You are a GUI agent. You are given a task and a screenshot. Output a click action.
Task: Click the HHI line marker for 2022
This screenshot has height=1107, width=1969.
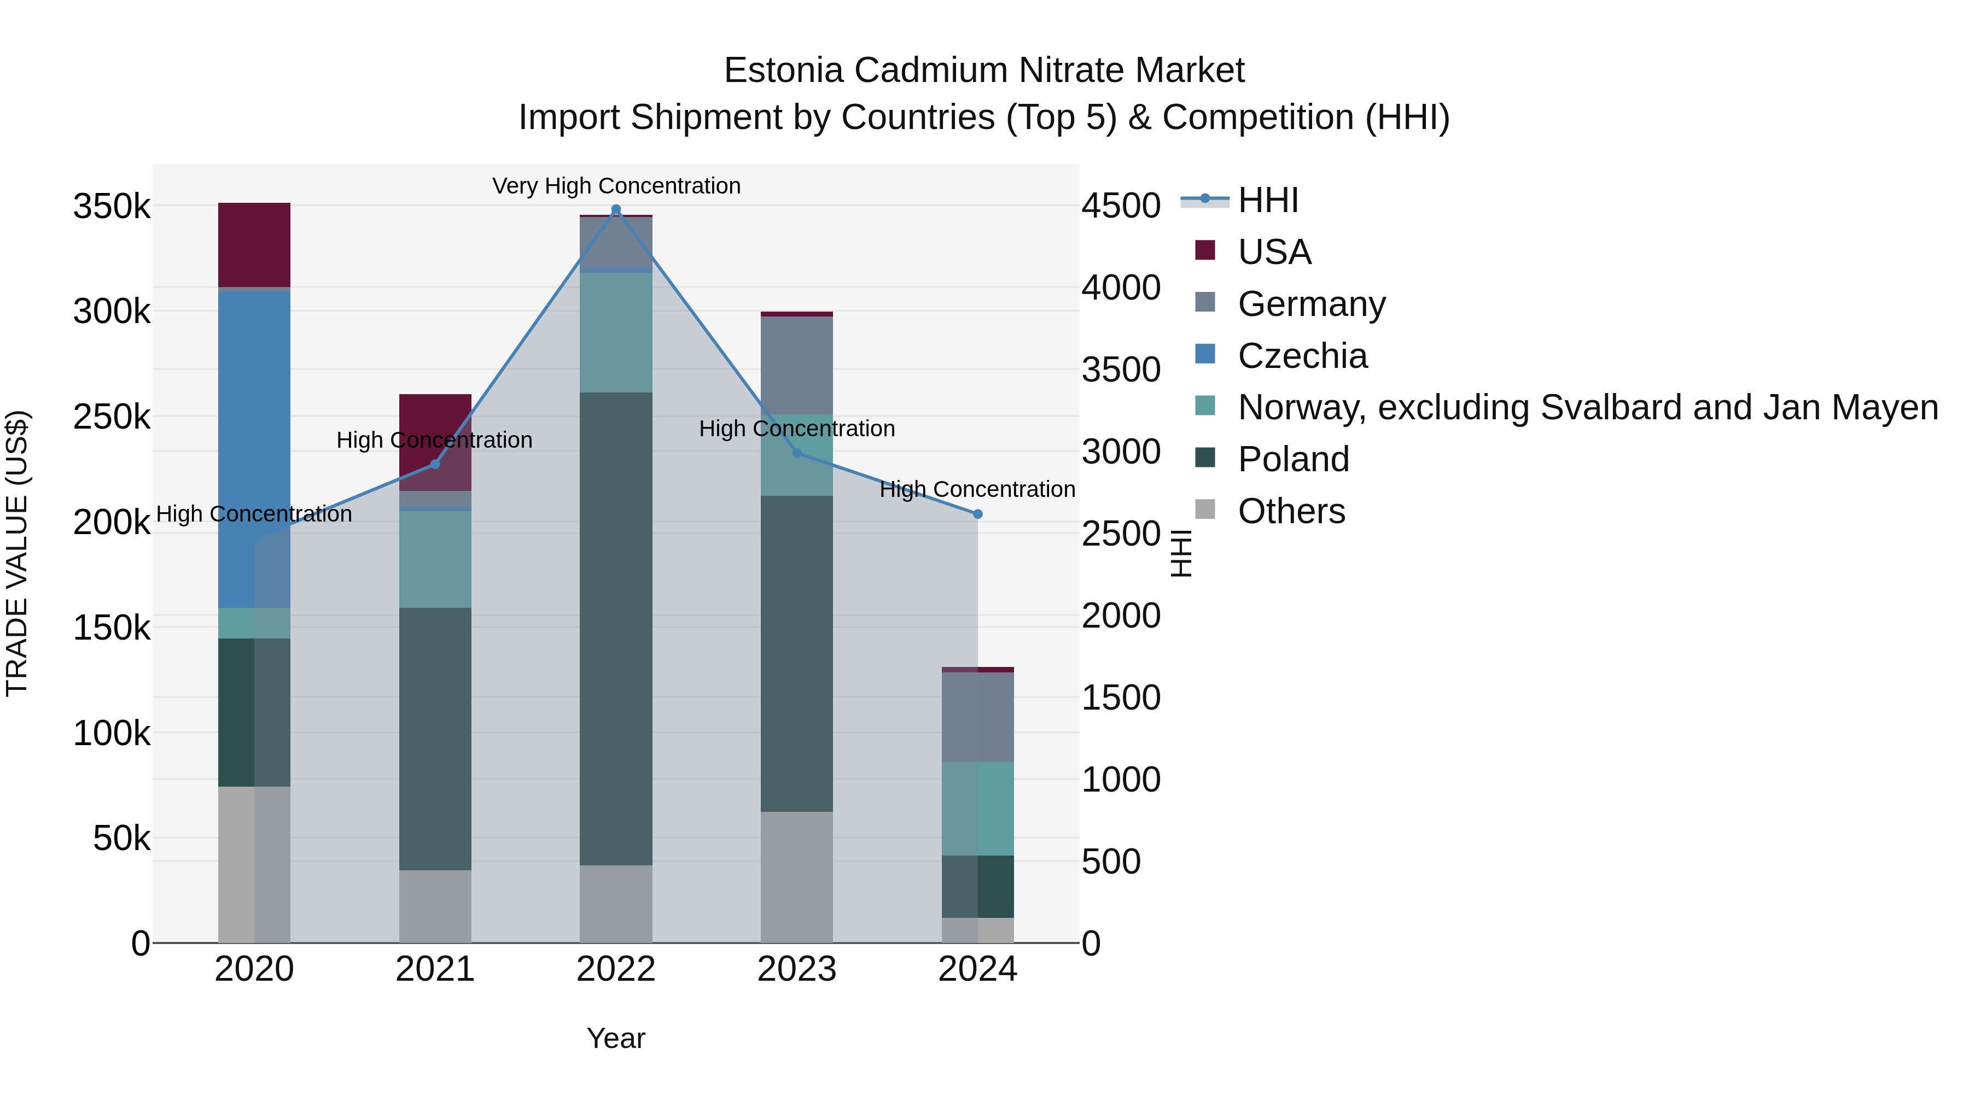(x=615, y=209)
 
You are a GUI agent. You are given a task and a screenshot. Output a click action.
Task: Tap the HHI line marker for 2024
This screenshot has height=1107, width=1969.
(x=977, y=514)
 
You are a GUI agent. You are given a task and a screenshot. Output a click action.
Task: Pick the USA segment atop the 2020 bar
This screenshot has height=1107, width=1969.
(x=254, y=244)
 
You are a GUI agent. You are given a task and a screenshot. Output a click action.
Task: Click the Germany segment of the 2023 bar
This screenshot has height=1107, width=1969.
(x=796, y=365)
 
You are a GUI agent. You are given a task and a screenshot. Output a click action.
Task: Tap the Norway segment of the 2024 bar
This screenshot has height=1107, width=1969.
(x=977, y=809)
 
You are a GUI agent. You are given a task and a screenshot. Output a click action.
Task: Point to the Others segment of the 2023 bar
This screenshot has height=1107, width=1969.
(x=796, y=876)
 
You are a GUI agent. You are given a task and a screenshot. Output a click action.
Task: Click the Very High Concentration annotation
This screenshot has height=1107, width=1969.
(x=616, y=186)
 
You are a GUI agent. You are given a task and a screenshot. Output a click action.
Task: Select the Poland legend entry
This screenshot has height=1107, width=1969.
(x=1292, y=459)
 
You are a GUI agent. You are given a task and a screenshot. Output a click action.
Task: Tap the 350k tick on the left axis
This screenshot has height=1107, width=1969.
(x=112, y=206)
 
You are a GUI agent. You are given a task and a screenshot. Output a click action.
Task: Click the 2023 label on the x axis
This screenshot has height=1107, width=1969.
(x=796, y=969)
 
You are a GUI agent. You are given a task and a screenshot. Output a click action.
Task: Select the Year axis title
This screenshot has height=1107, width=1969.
(x=615, y=1038)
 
